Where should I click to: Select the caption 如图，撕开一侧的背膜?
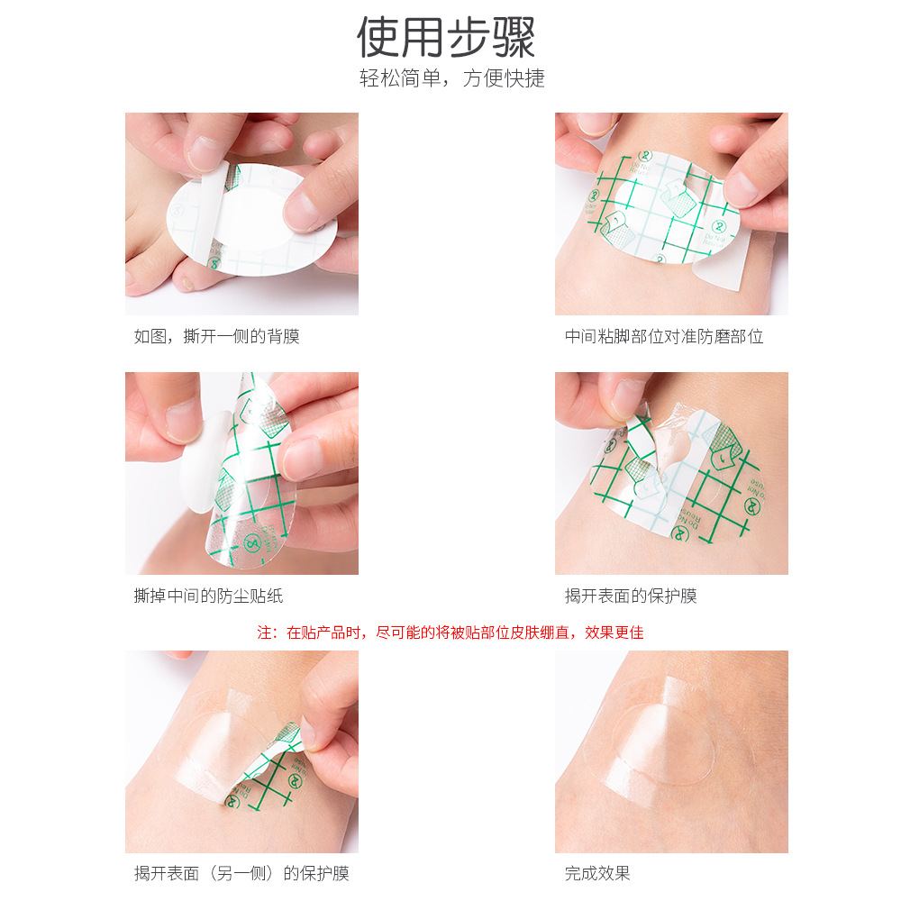(216, 337)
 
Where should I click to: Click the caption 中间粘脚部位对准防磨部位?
(664, 337)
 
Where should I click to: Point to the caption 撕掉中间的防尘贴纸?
(208, 596)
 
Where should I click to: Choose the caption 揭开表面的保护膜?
(631, 596)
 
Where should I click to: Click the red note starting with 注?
(450, 633)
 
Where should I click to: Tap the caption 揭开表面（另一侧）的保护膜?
(241, 873)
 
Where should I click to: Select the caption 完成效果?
(597, 873)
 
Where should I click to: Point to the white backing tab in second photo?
(721, 270)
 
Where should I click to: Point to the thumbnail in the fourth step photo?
(631, 396)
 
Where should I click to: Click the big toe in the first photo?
(149, 270)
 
